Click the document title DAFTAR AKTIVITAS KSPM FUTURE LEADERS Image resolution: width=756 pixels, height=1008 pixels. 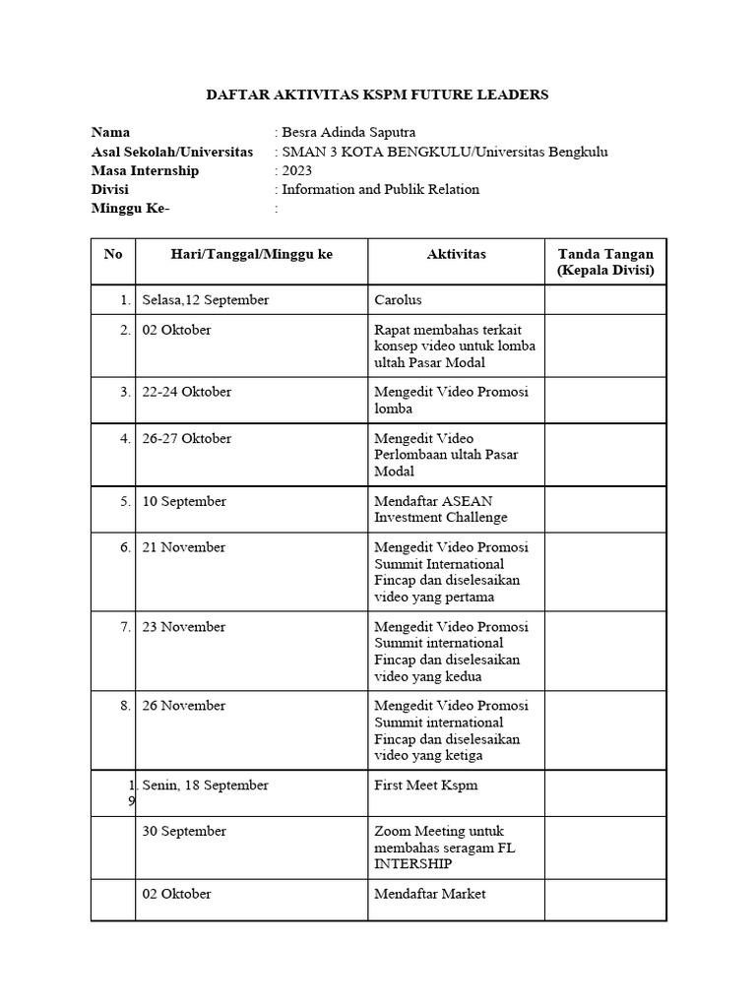click(x=377, y=94)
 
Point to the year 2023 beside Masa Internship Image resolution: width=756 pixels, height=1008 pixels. click(x=296, y=170)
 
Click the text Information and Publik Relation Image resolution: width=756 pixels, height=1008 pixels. click(x=380, y=189)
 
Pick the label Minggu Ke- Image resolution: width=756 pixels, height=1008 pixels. click(x=130, y=209)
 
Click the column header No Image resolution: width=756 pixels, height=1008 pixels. click(x=113, y=254)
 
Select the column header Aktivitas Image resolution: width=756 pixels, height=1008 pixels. click(x=456, y=254)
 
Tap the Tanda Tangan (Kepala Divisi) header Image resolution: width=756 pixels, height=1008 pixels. click(x=604, y=262)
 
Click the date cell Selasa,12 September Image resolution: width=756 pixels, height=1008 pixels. click(x=206, y=300)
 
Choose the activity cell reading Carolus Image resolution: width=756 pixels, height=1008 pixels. click(x=400, y=300)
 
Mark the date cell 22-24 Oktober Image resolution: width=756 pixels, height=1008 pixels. click(x=187, y=392)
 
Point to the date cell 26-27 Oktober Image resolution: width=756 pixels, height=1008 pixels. click(x=187, y=439)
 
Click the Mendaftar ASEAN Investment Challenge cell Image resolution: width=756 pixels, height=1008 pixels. click(x=441, y=509)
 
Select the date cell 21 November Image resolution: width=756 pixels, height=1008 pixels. click(x=184, y=547)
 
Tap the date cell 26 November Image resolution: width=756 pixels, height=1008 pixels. click(x=184, y=706)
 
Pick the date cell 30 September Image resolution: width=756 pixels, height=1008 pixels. click(x=184, y=832)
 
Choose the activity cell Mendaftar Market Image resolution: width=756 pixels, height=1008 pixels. click(x=430, y=894)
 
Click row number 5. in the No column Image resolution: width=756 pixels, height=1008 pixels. click(x=125, y=501)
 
